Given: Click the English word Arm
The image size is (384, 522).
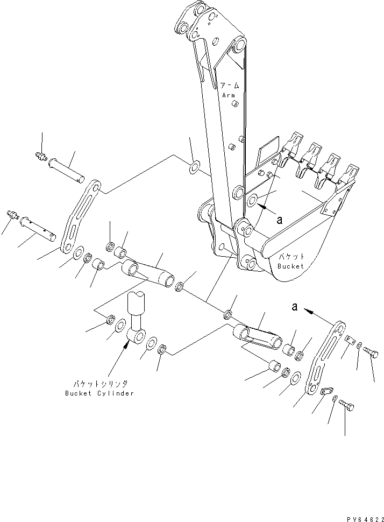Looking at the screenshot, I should pos(229,95).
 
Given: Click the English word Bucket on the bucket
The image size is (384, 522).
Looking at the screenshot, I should pos(291,266).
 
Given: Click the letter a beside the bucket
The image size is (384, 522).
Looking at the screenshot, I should pos(279,220).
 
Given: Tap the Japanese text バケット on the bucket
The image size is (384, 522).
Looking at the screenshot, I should pos(291,257).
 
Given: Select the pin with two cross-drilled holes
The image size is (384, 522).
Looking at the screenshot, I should pos(38,227).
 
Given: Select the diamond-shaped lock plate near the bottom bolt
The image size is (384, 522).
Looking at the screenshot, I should pos(325,393).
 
